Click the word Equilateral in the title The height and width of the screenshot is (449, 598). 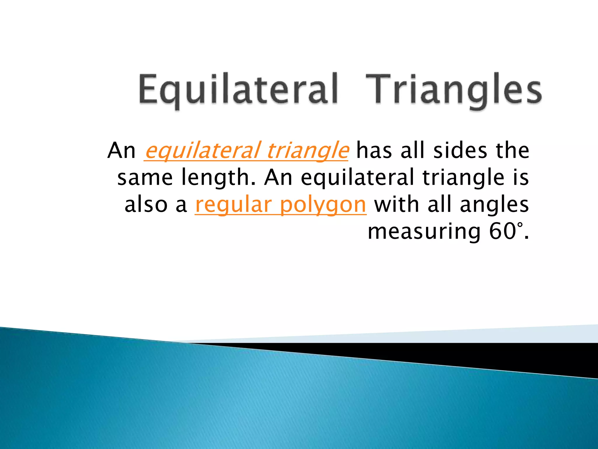point(238,89)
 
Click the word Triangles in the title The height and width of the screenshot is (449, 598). point(453,89)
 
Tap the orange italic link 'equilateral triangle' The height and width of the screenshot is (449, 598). point(246,151)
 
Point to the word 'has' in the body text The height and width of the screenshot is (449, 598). point(374,151)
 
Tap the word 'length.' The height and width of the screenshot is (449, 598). point(218,178)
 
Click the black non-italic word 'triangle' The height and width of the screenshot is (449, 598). point(463,178)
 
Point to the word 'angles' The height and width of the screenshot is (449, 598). point(494,205)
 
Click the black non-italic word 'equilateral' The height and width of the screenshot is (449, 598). point(357,178)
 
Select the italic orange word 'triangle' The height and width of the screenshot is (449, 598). point(307,151)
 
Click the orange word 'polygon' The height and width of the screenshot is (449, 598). point(323,205)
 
